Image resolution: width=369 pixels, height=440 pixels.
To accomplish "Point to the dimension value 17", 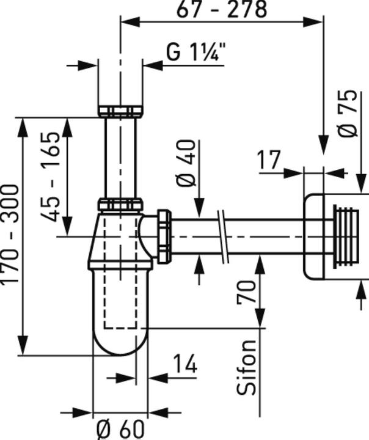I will [269, 160].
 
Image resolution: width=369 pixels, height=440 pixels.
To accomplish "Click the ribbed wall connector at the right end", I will [346, 236].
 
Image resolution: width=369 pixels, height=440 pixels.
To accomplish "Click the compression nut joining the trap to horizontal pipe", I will [164, 236].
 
